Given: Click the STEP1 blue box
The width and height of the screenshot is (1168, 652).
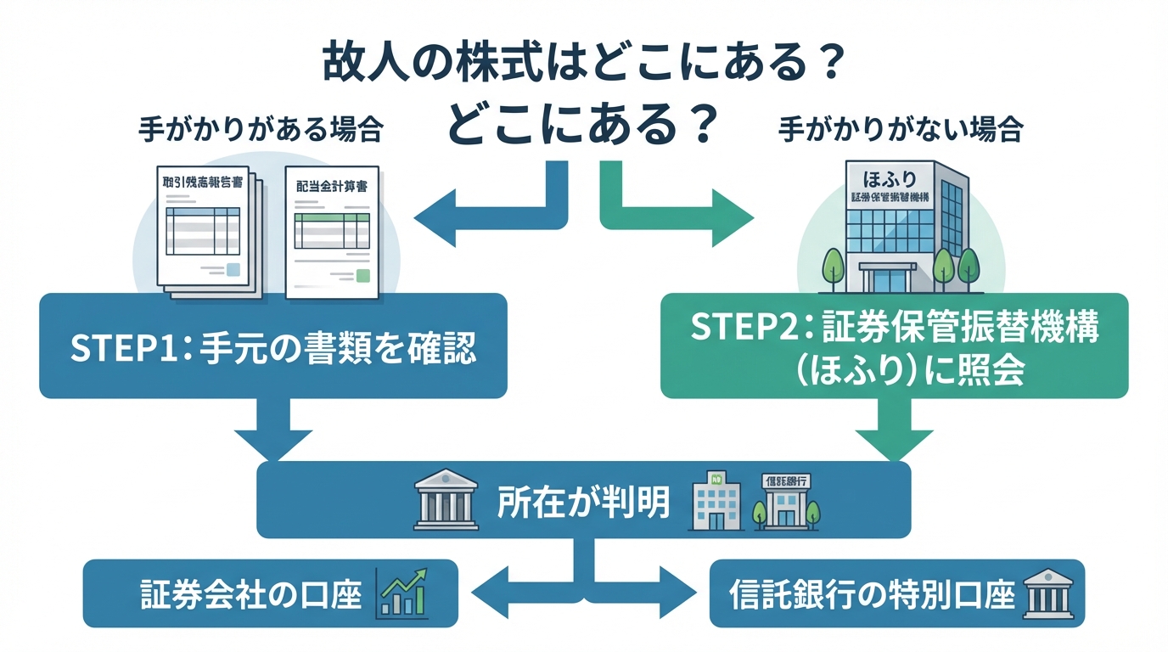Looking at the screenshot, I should (272, 346).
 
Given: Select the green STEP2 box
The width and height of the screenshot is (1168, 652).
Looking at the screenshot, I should (894, 346).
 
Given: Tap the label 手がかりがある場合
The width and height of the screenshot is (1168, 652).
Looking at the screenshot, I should (260, 130).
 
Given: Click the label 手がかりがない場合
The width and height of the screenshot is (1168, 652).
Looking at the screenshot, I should (901, 130).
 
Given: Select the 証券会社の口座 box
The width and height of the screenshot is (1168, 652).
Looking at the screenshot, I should (270, 593).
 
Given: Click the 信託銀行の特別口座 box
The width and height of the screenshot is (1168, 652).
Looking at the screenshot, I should (896, 593).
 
